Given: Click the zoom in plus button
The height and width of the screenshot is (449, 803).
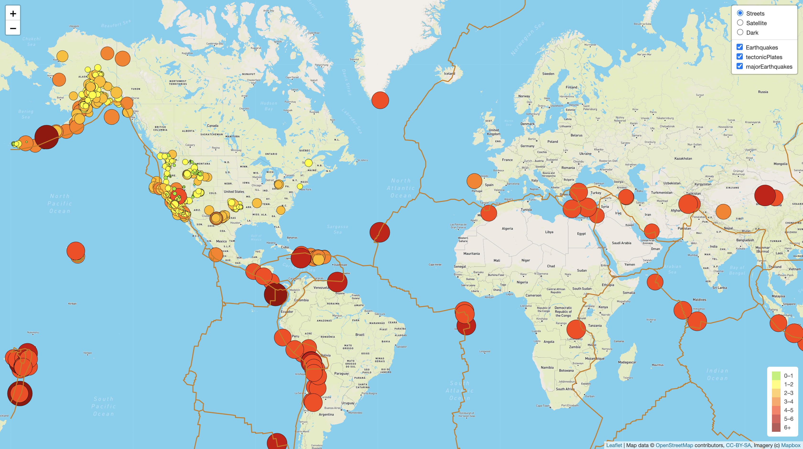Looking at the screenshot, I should click(x=13, y=13).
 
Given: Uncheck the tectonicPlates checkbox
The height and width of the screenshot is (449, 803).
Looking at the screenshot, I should click(x=740, y=57).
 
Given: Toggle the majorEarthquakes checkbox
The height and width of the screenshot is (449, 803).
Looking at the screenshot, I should click(x=740, y=67).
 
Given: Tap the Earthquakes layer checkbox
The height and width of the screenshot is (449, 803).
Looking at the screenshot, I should click(x=740, y=47).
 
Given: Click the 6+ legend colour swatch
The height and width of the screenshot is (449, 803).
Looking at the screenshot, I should click(x=776, y=427).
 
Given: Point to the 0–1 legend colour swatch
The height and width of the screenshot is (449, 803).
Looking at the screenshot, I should click(x=776, y=376).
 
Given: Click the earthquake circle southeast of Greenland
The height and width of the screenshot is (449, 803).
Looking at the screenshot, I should click(x=380, y=100).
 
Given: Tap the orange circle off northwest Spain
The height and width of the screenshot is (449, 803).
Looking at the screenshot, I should click(x=474, y=181).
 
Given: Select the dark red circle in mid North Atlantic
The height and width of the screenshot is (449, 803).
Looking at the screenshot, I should click(x=379, y=232).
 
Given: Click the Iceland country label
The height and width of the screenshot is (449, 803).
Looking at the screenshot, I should click(x=449, y=74).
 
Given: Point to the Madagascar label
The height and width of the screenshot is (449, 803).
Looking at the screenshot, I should click(x=627, y=362).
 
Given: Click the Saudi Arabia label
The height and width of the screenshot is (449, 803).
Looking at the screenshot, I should click(x=621, y=243).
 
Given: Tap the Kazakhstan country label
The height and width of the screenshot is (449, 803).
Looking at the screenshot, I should click(x=683, y=159).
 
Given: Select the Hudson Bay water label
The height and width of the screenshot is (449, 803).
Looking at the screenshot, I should click(x=268, y=106).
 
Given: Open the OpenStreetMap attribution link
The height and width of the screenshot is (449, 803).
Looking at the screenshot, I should click(x=674, y=445).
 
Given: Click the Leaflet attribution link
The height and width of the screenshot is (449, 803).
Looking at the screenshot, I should click(x=614, y=445).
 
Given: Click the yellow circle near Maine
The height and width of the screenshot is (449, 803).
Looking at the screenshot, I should click(x=308, y=163).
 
